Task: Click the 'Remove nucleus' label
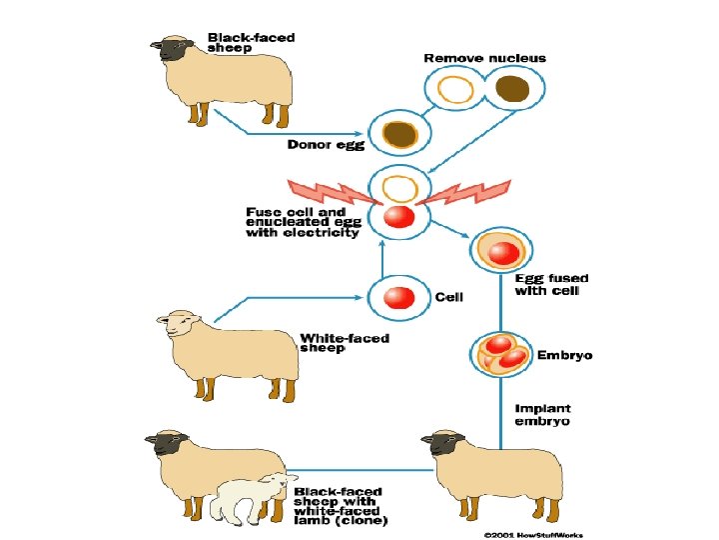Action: point(484,58)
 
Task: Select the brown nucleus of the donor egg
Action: point(398,134)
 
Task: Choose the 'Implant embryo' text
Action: point(542,414)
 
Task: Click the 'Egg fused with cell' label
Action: point(551,284)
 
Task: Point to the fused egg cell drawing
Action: point(497,251)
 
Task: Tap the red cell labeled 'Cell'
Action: point(398,297)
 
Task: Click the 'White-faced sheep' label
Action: point(345,343)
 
